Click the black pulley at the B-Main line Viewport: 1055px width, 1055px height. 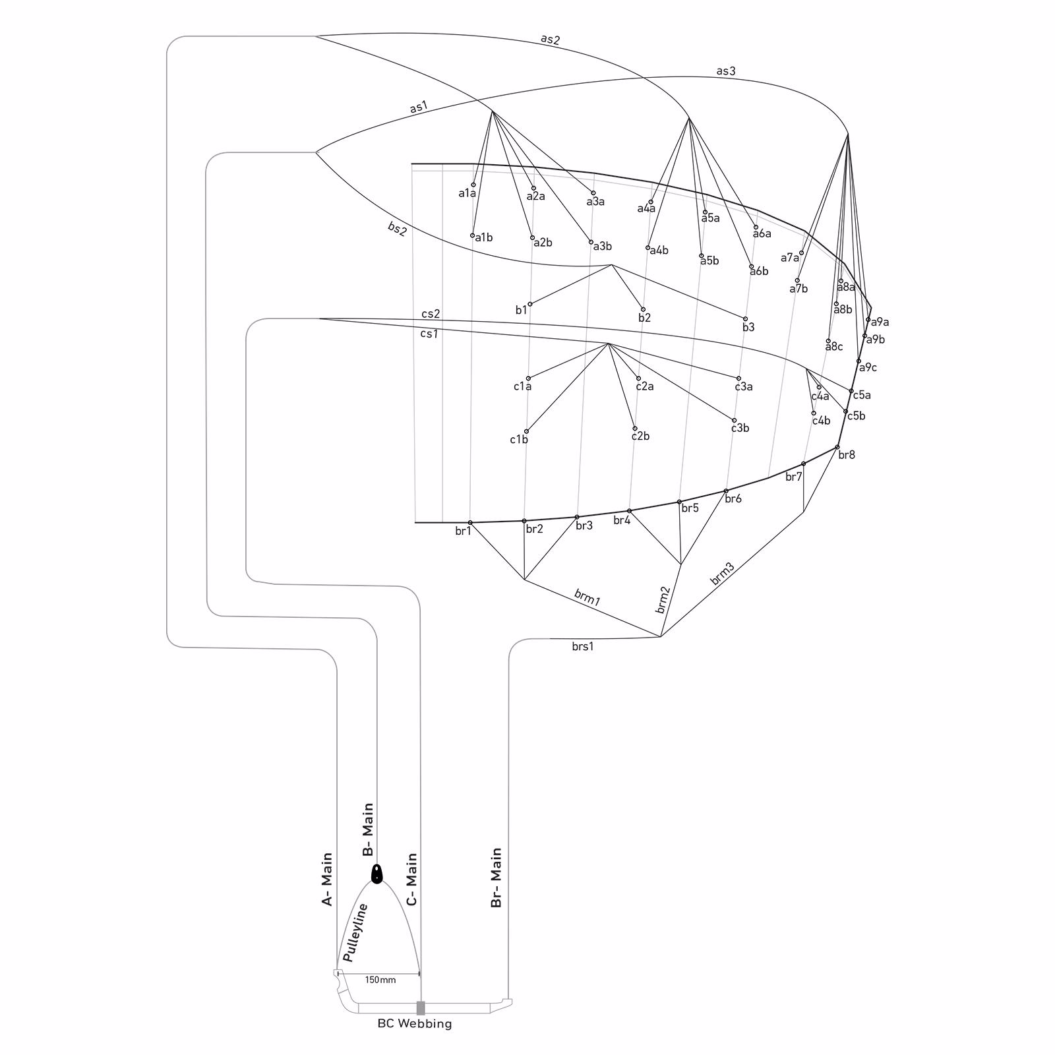click(x=377, y=874)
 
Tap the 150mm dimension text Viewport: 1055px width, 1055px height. click(x=380, y=980)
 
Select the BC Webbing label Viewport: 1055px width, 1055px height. click(x=415, y=1024)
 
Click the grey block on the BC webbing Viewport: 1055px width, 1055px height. click(x=421, y=1008)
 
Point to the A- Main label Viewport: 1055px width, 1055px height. click(x=327, y=879)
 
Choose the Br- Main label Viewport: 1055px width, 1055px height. click(x=497, y=878)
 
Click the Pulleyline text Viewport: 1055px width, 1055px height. click(x=355, y=932)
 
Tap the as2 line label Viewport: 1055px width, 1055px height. click(x=550, y=39)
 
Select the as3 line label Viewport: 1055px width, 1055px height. click(x=726, y=71)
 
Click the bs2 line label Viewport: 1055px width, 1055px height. click(x=397, y=229)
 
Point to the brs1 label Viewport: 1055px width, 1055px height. click(x=583, y=647)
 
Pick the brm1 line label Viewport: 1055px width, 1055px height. click(x=588, y=597)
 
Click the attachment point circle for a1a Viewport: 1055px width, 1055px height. click(x=473, y=185)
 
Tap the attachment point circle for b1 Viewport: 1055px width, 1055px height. click(x=530, y=304)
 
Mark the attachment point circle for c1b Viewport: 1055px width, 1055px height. click(x=526, y=431)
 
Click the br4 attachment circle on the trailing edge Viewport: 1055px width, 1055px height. click(x=629, y=511)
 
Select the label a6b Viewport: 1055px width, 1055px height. click(x=760, y=272)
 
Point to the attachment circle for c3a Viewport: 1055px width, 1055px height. click(x=738, y=378)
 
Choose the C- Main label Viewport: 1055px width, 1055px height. click(x=412, y=880)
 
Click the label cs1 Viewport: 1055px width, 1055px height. click(x=429, y=334)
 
